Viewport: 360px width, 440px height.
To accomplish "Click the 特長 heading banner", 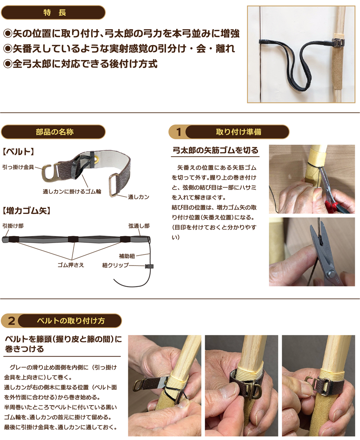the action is pyautogui.click(x=53, y=13).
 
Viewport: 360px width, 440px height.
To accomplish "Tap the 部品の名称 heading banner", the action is pyautogui.click(x=53, y=132).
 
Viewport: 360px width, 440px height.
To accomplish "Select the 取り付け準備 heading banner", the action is pyautogui.click(x=237, y=132).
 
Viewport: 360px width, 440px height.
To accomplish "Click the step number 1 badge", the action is pyautogui.click(x=178, y=132).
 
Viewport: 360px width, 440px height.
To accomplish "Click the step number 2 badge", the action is pyautogui.click(x=11, y=321).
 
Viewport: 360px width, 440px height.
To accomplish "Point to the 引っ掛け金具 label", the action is pyautogui.click(x=18, y=167).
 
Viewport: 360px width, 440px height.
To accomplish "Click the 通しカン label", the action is pyautogui.click(x=139, y=197).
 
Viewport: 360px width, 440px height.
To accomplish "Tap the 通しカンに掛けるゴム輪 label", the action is pyautogui.click(x=72, y=192).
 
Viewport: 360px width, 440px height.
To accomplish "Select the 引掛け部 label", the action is pyautogui.click(x=13, y=226).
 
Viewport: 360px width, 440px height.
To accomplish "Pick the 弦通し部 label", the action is pyautogui.click(x=139, y=226).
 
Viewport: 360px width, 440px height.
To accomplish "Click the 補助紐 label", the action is pyautogui.click(x=127, y=256).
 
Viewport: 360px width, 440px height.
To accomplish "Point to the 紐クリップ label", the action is pyautogui.click(x=115, y=265).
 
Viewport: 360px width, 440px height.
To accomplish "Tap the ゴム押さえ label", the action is pyautogui.click(x=71, y=265).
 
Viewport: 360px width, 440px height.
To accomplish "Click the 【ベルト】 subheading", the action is pyautogui.click(x=19, y=152).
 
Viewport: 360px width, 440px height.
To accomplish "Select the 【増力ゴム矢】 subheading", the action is pyautogui.click(x=26, y=210).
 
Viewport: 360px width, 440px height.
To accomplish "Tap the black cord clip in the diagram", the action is pyautogui.click(x=149, y=266).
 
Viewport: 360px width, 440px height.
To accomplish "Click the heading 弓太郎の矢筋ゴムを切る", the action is pyautogui.click(x=215, y=151).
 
